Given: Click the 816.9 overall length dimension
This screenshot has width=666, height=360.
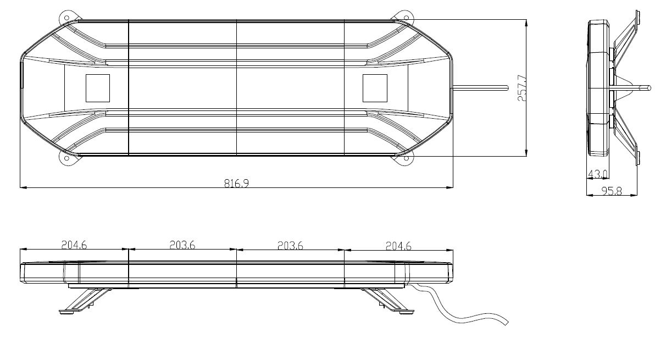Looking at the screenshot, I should pyautogui.click(x=236, y=184).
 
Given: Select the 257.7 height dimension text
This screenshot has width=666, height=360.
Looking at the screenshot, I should pyautogui.click(x=521, y=88).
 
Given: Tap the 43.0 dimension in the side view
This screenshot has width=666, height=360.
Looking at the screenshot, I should pyautogui.click(x=597, y=174).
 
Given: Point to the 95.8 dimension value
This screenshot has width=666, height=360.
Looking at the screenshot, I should pyautogui.click(x=612, y=192).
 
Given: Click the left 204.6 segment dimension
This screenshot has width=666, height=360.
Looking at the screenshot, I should pyautogui.click(x=74, y=246).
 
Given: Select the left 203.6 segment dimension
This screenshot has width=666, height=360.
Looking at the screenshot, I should pyautogui.click(x=182, y=246).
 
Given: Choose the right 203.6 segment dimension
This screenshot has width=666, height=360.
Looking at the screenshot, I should pyautogui.click(x=290, y=246).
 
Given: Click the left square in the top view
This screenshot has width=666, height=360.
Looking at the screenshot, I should pyautogui.click(x=97, y=87).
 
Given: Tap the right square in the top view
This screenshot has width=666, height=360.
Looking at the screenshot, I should pyautogui.click(x=375, y=87).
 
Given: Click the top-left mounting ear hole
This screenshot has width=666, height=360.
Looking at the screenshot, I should pyautogui.click(x=67, y=18).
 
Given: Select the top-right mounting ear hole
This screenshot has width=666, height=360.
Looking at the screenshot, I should pyautogui.click(x=406, y=18).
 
